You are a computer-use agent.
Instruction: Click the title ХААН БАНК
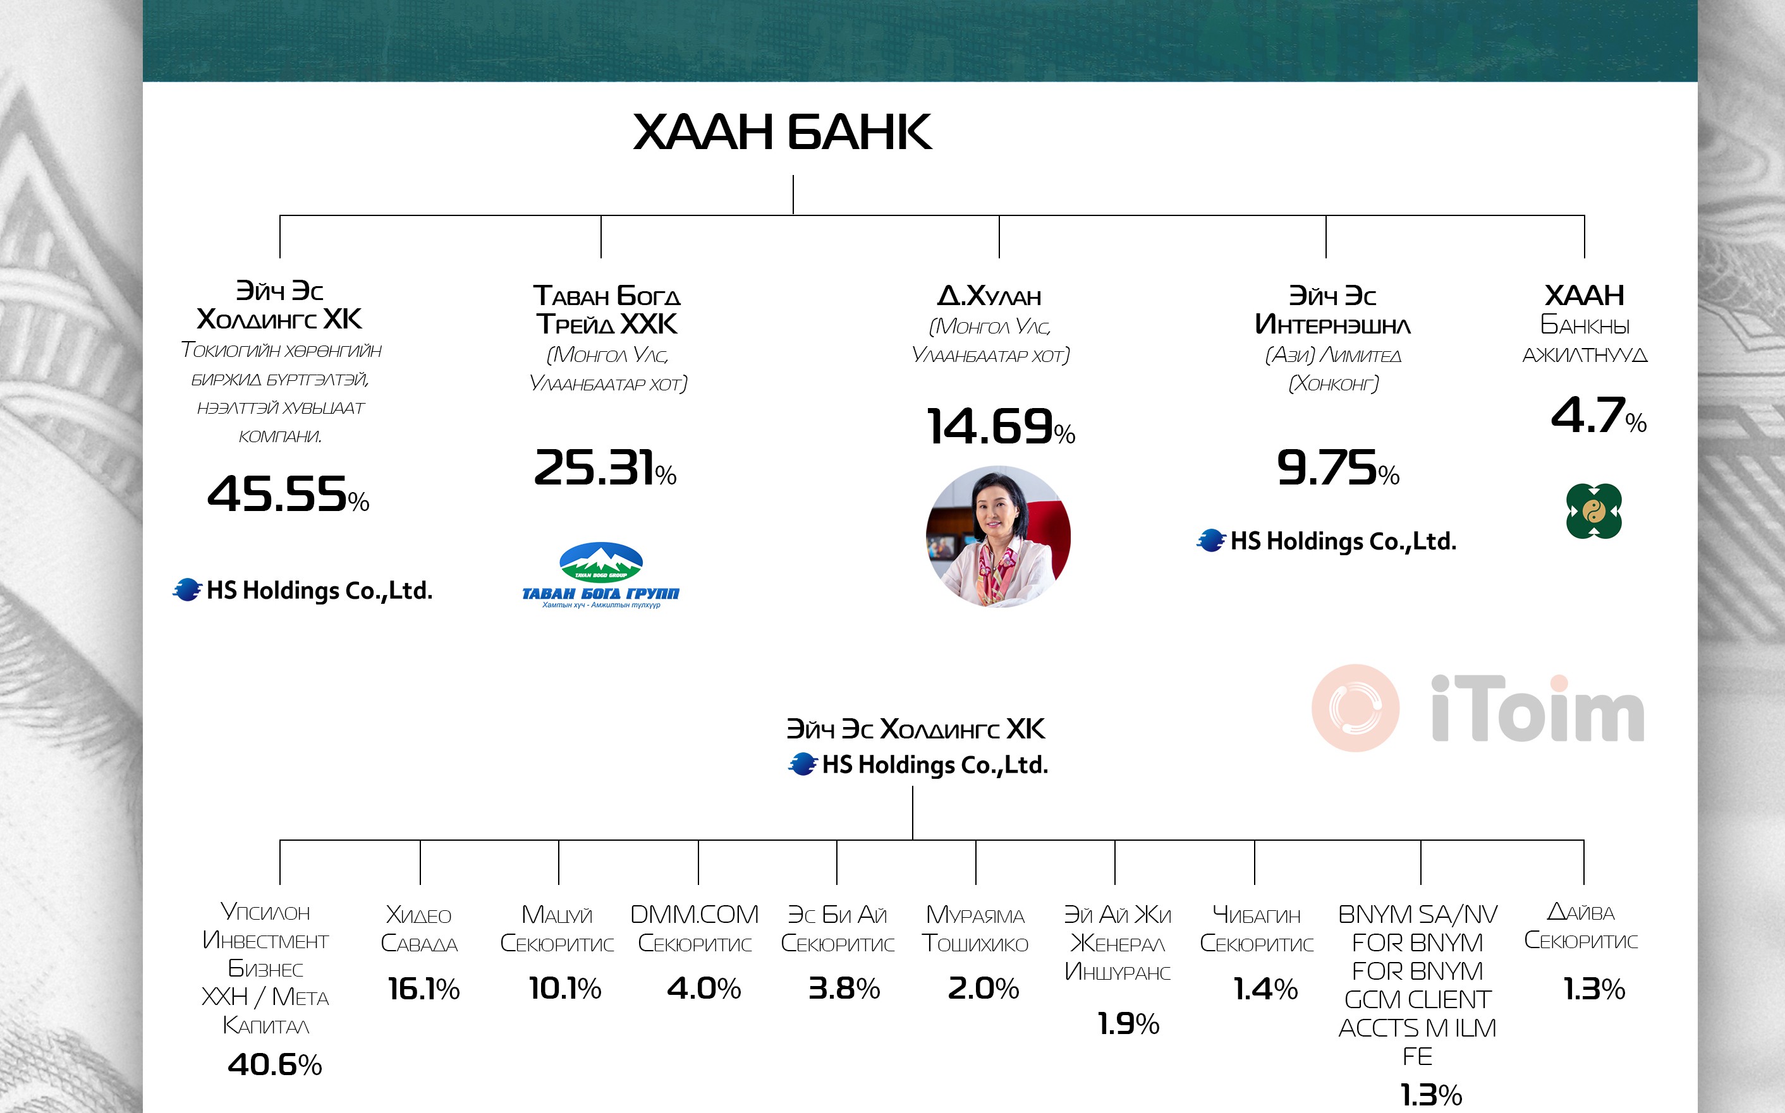tap(782, 133)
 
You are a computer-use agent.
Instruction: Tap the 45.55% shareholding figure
tap(288, 493)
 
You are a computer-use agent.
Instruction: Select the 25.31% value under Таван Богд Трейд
tap(606, 467)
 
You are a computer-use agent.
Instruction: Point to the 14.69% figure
tap(1001, 426)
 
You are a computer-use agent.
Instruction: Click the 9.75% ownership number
tap(1338, 467)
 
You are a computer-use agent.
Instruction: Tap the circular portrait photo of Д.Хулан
tap(999, 536)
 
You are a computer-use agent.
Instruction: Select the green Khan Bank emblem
tap(1593, 511)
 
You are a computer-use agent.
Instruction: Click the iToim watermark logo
tap(1478, 708)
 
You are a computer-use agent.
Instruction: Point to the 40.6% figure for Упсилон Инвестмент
tap(275, 1064)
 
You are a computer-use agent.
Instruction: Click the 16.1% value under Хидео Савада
tap(423, 989)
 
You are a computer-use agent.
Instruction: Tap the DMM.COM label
tap(695, 914)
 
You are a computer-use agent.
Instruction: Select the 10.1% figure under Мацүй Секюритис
tap(565, 988)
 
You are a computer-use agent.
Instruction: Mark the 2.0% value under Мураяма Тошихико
tap(983, 988)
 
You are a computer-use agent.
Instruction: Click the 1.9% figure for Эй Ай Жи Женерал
tap(1128, 1023)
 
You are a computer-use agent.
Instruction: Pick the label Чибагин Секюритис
tap(1257, 929)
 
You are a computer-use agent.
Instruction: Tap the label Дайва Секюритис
tap(1581, 926)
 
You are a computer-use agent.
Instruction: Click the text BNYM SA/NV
tap(1418, 914)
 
